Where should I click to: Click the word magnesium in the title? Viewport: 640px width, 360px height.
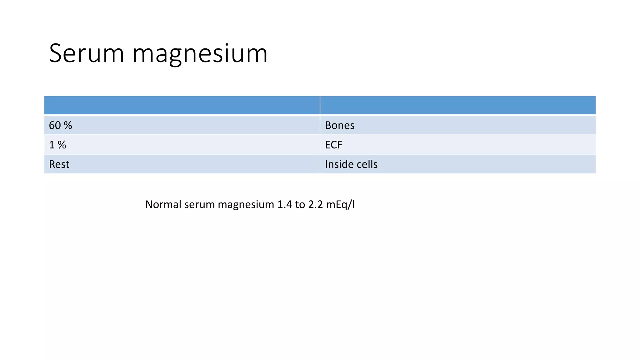coord(200,54)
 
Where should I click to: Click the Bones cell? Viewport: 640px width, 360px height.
coord(458,125)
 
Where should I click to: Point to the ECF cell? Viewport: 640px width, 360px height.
coord(458,145)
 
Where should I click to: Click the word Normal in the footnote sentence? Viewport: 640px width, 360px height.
coord(163,204)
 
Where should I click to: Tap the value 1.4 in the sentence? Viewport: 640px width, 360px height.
coord(284,204)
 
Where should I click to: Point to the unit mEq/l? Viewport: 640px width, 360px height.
coord(340,205)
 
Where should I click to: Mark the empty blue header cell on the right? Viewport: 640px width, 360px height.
coord(458,105)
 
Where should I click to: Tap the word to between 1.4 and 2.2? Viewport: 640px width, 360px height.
coord(300,204)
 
